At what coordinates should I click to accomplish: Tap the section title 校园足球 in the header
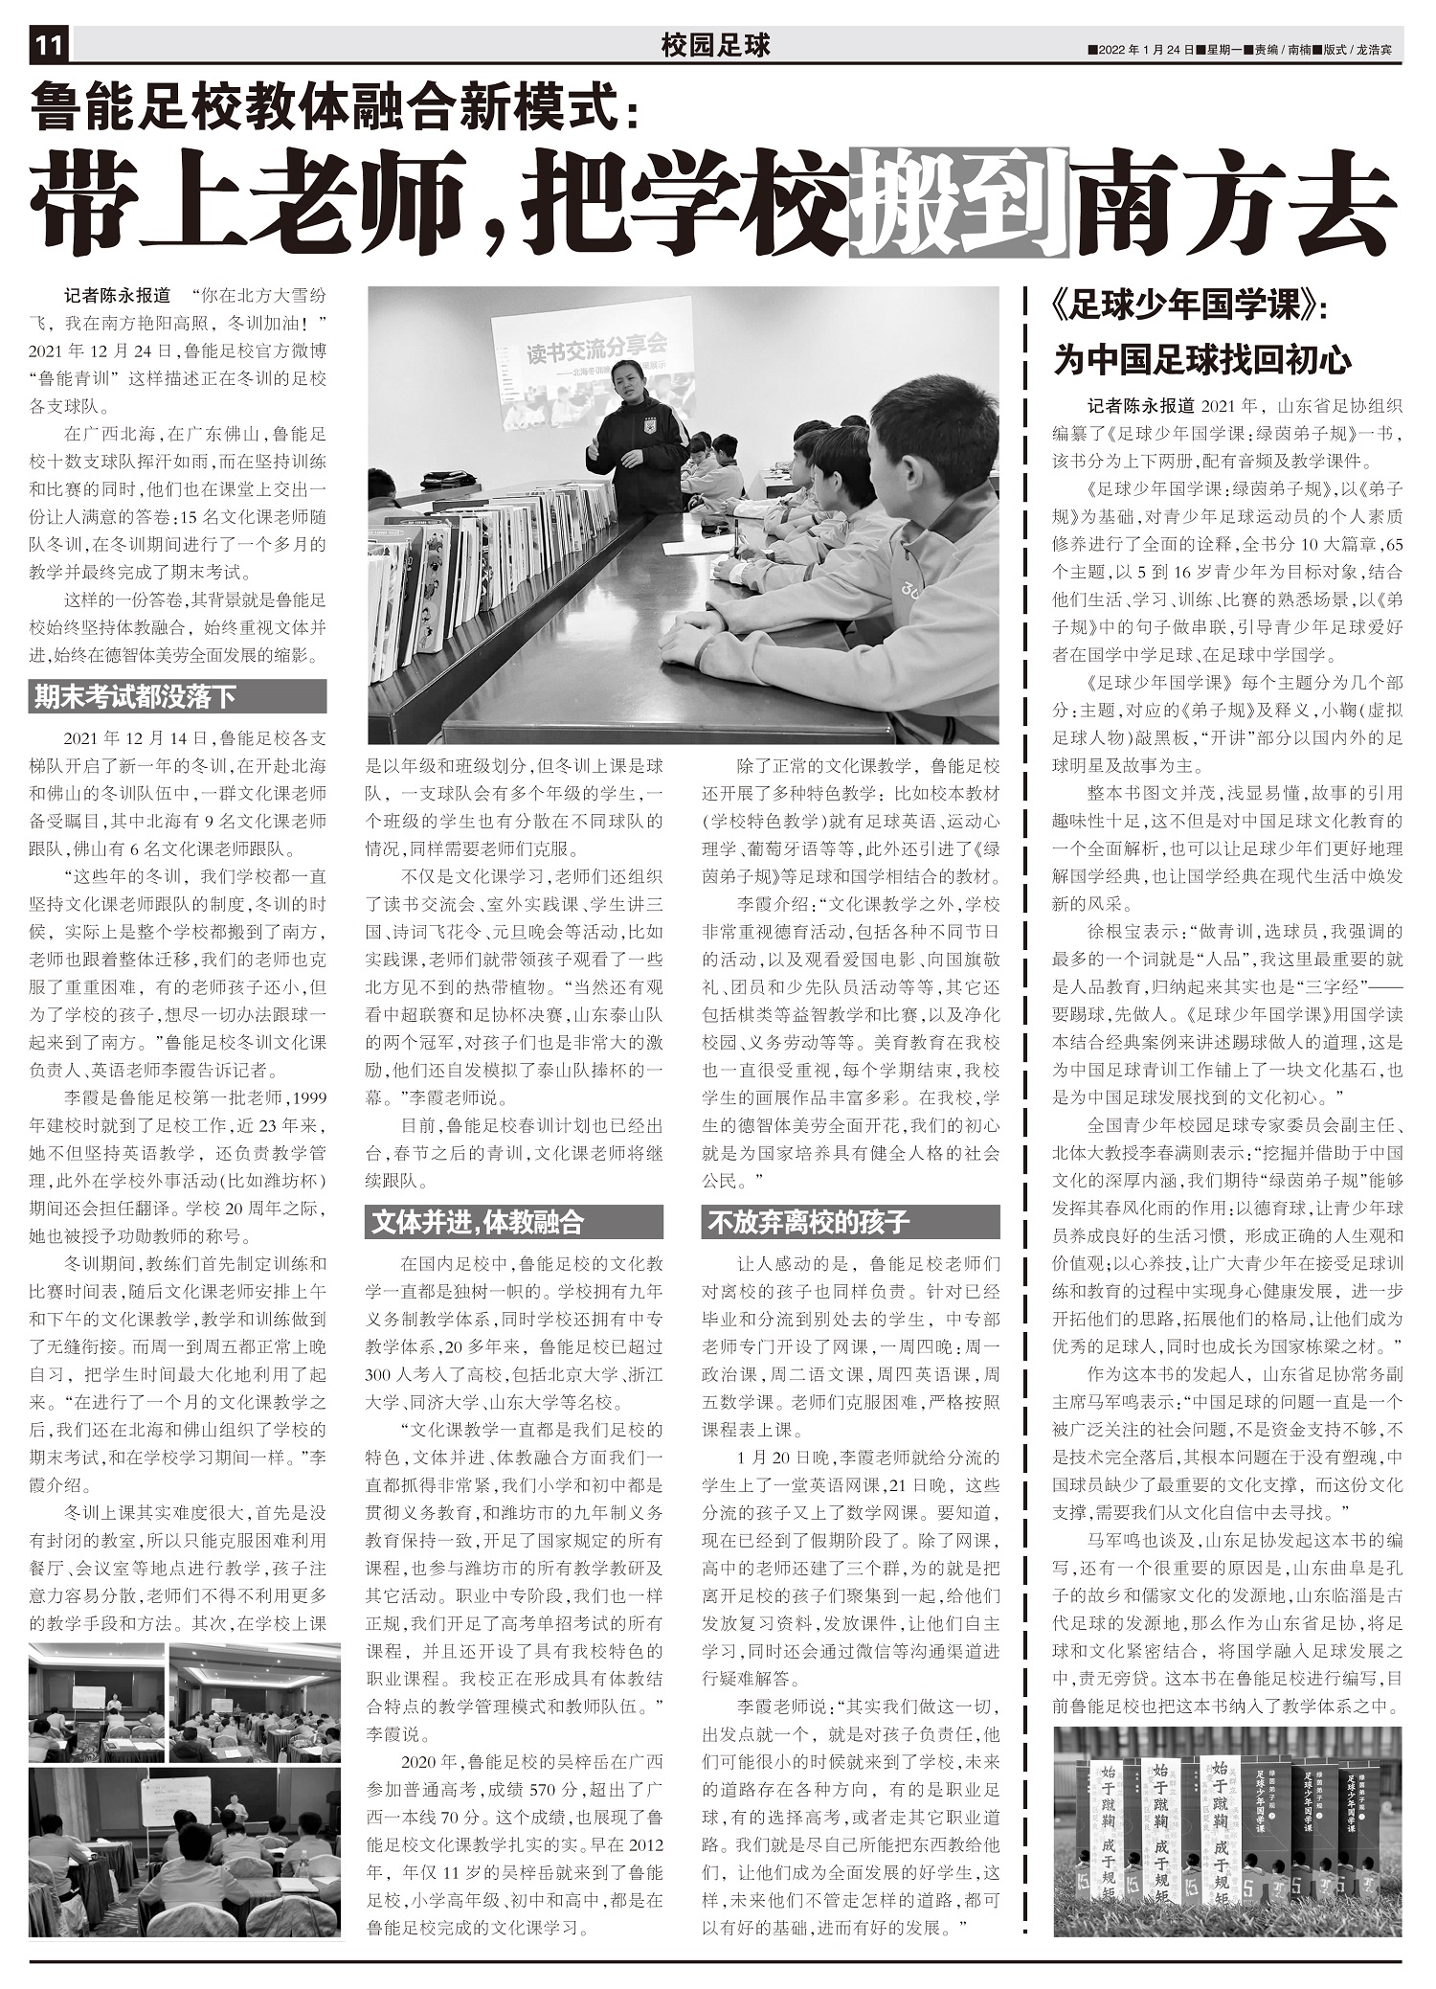[x=715, y=45]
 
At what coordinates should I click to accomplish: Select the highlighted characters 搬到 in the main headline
[x=958, y=203]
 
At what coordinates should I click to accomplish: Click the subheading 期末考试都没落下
[x=135, y=696]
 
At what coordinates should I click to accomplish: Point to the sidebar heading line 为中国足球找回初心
[x=1202, y=360]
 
